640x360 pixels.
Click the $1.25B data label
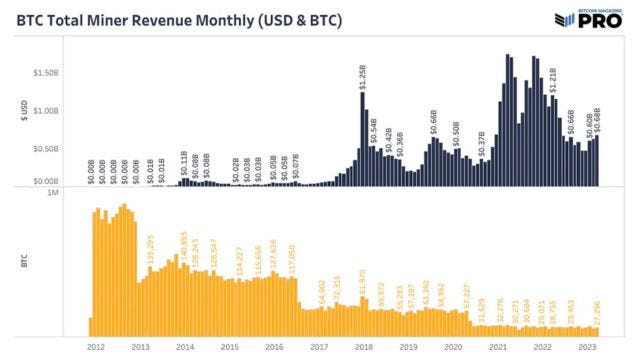363,76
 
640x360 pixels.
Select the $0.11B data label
183,164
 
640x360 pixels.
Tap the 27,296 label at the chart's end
597,310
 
